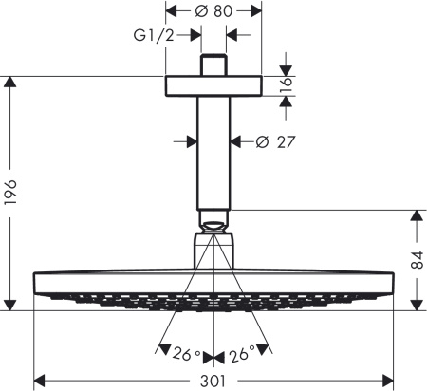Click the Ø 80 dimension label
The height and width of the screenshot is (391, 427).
[213, 11]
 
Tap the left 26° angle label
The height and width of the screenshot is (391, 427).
[186, 355]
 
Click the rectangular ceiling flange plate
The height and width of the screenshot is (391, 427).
[213, 85]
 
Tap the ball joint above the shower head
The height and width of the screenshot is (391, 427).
[213, 227]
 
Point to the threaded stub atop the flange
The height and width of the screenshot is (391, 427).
[213, 66]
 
